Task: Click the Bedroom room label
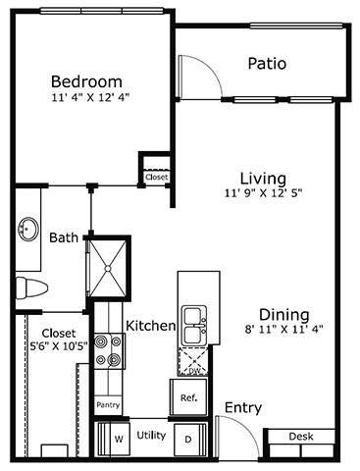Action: tap(86, 80)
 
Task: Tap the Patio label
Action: tap(267, 64)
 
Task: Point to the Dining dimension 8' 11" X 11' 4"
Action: tap(277, 331)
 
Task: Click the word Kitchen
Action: tap(150, 325)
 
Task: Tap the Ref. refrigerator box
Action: tap(190, 397)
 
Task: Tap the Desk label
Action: tap(302, 436)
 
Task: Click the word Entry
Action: tap(242, 407)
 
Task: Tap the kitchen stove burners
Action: tap(108, 348)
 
